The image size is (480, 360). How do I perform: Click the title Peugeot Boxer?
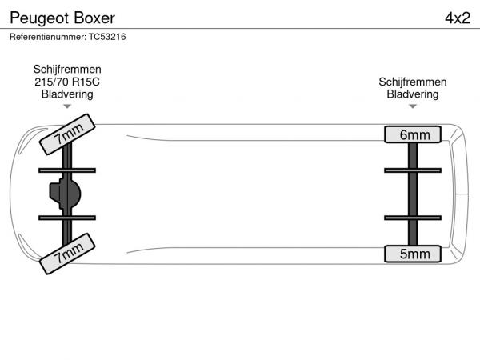coord(62,18)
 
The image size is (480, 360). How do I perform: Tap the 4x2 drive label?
coord(457,18)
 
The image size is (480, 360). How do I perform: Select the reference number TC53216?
coord(103,37)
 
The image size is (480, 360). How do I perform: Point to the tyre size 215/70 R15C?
coord(67,82)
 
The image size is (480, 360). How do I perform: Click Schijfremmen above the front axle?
coord(67,70)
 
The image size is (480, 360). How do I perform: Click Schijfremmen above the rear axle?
coord(413,82)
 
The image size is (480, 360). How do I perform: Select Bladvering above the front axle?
coord(67,94)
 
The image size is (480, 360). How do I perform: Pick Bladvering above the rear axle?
coord(413,94)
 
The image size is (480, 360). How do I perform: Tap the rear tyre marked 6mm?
coord(413,134)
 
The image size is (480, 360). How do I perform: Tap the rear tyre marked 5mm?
coord(413,254)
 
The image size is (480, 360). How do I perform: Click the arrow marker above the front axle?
coord(67,106)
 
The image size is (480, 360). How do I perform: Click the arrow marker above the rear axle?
coord(413,106)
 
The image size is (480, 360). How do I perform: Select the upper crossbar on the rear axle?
coord(413,170)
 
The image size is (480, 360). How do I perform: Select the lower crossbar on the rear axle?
coord(413,218)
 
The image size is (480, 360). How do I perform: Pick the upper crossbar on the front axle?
coord(67,170)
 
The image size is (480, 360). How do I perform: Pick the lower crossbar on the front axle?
coord(67,218)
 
